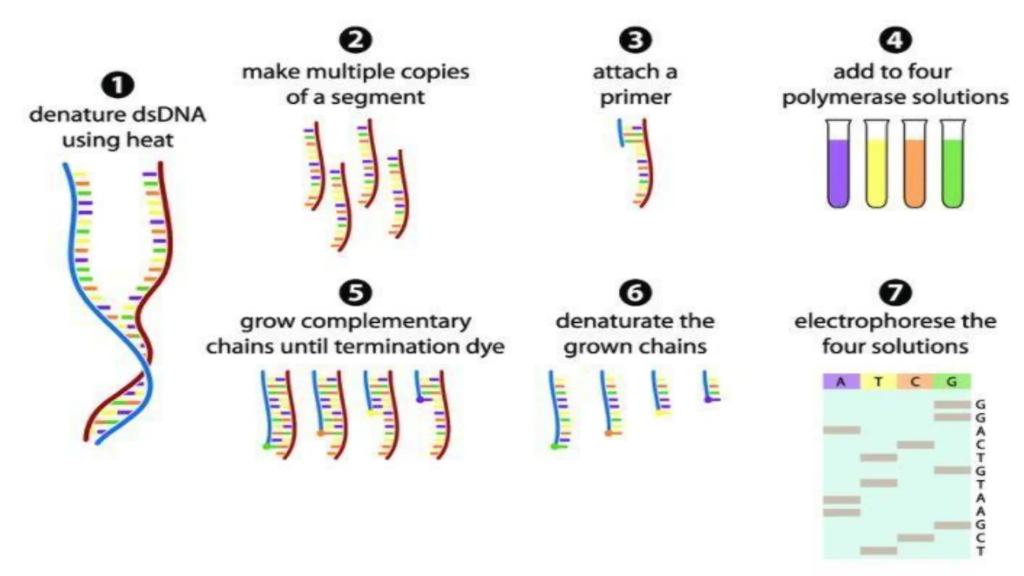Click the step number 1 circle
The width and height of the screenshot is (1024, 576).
[x=117, y=85]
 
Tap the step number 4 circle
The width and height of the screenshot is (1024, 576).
[x=895, y=40]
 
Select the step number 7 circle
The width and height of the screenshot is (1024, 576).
[x=895, y=292]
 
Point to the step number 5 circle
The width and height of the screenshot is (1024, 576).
[x=355, y=292]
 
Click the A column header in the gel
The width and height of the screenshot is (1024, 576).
[x=841, y=382]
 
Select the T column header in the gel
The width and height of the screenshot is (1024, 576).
[x=878, y=382]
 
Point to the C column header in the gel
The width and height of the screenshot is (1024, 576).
[x=915, y=382]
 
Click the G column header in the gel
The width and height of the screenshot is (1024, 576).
[x=951, y=382]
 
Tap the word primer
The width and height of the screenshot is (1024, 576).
[x=635, y=97]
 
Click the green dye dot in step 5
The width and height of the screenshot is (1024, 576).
[x=266, y=445]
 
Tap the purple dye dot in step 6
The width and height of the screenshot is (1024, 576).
[x=708, y=399]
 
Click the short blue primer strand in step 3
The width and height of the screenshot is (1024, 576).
[x=620, y=132]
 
